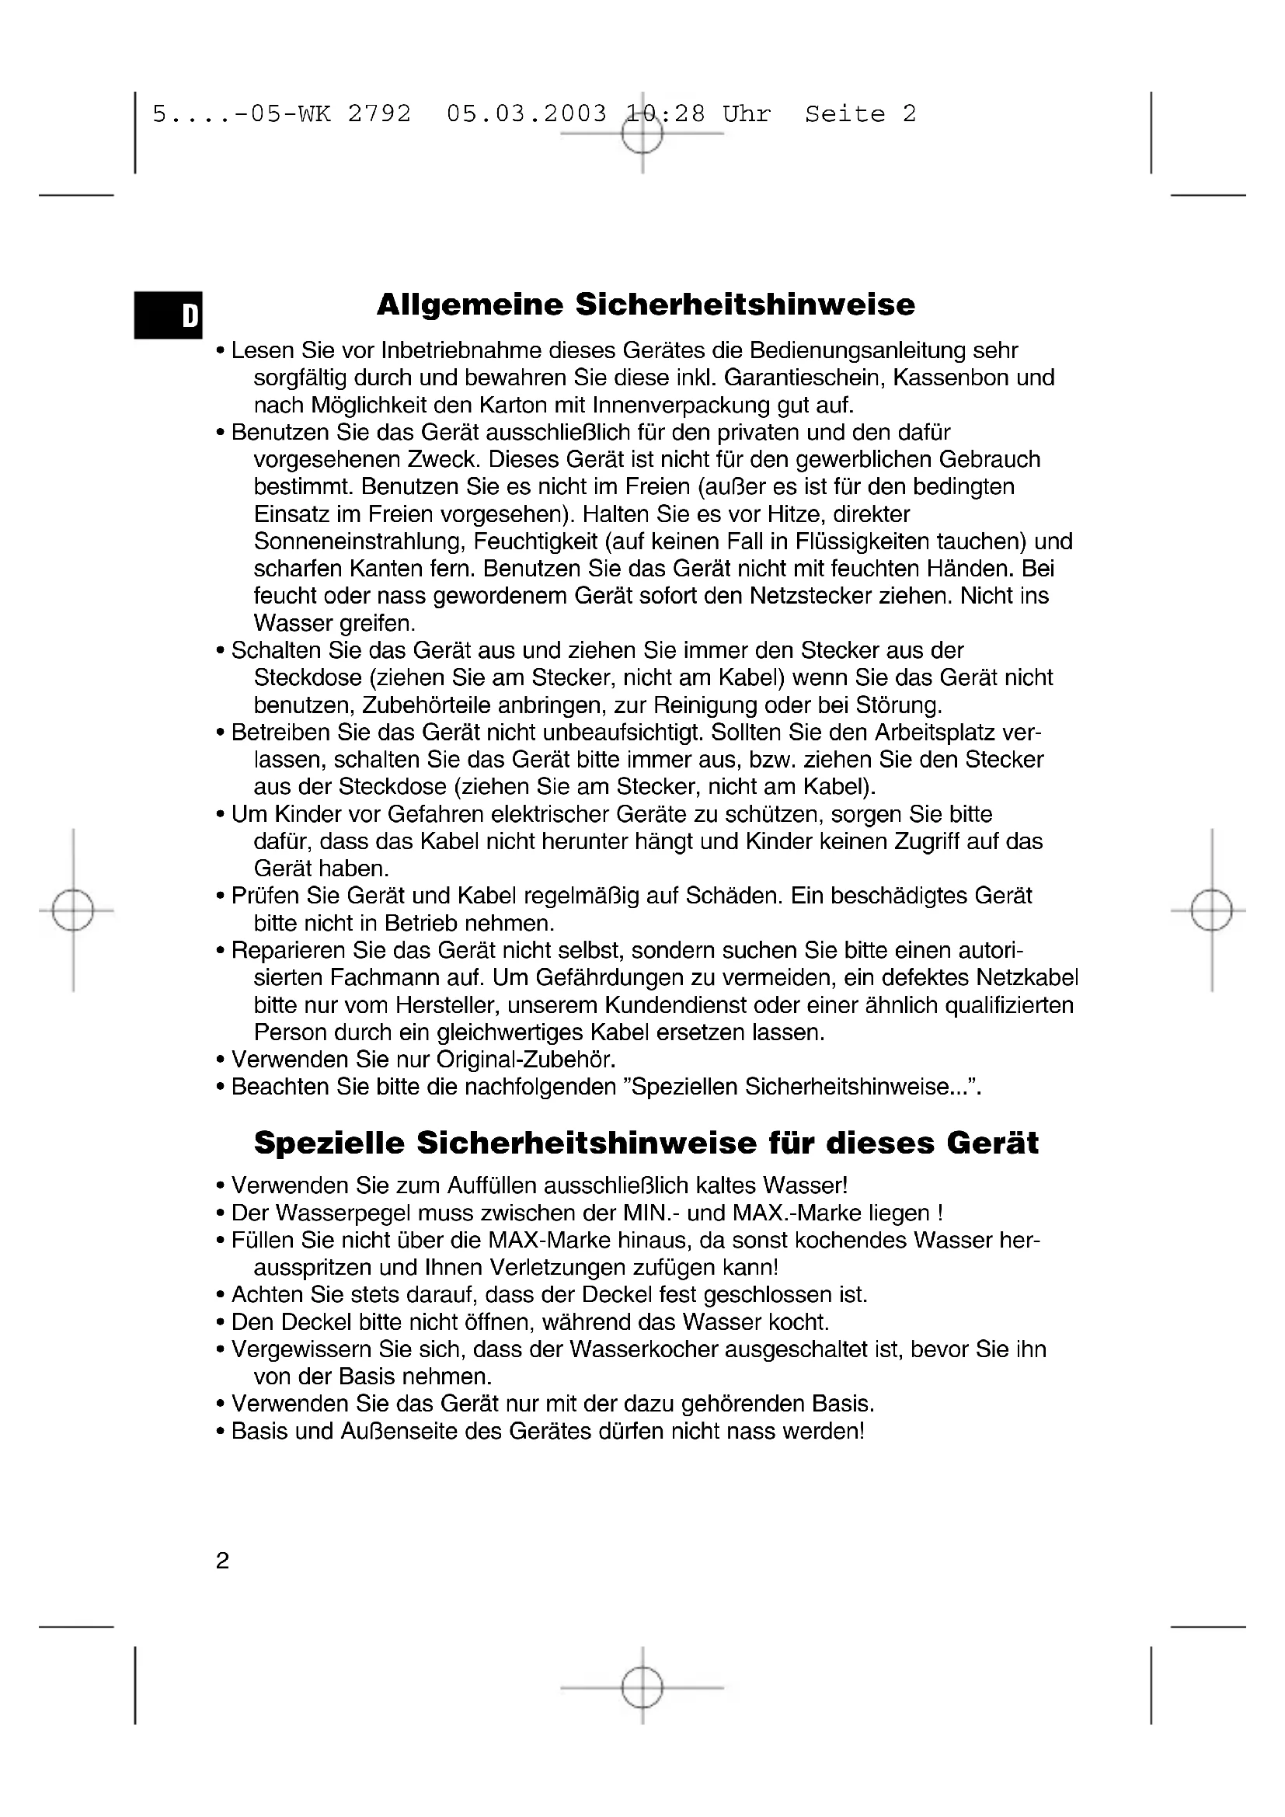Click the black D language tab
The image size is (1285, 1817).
(169, 315)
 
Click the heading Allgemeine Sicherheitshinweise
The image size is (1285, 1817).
(646, 305)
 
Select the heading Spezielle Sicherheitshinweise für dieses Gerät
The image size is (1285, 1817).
(646, 1143)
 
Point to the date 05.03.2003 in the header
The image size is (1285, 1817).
(527, 114)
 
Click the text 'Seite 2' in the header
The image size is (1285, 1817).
(860, 114)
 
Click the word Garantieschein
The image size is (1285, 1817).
(803, 378)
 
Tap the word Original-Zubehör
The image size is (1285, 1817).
(525, 1060)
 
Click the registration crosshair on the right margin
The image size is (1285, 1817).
(1211, 911)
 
